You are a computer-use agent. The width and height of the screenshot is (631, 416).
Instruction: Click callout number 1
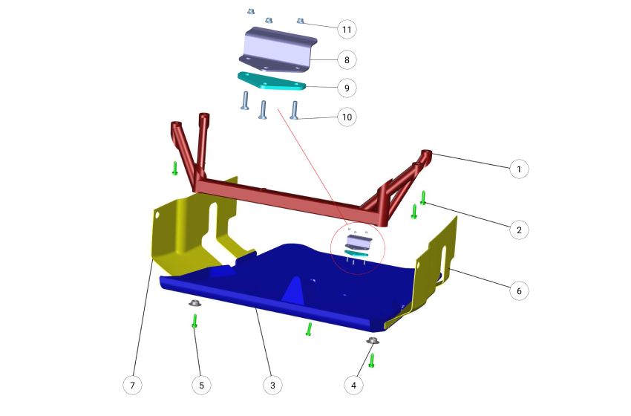pyautogui.click(x=519, y=169)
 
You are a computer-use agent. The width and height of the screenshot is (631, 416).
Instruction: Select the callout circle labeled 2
pyautogui.click(x=519, y=230)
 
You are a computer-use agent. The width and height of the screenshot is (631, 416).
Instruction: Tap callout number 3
pyautogui.click(x=272, y=386)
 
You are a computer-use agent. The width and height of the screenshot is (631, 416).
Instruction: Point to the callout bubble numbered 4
pyautogui.click(x=353, y=386)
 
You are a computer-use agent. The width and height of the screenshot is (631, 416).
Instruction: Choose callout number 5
pyautogui.click(x=202, y=386)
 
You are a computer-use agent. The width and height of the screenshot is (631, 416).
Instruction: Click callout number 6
pyautogui.click(x=519, y=290)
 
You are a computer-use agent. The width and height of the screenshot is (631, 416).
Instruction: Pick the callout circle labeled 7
pyautogui.click(x=132, y=386)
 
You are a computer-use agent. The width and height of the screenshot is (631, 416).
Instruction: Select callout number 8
pyautogui.click(x=347, y=60)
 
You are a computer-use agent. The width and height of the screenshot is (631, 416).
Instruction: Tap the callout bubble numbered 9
pyautogui.click(x=347, y=88)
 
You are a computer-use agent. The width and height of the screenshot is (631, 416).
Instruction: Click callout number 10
pyautogui.click(x=347, y=117)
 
